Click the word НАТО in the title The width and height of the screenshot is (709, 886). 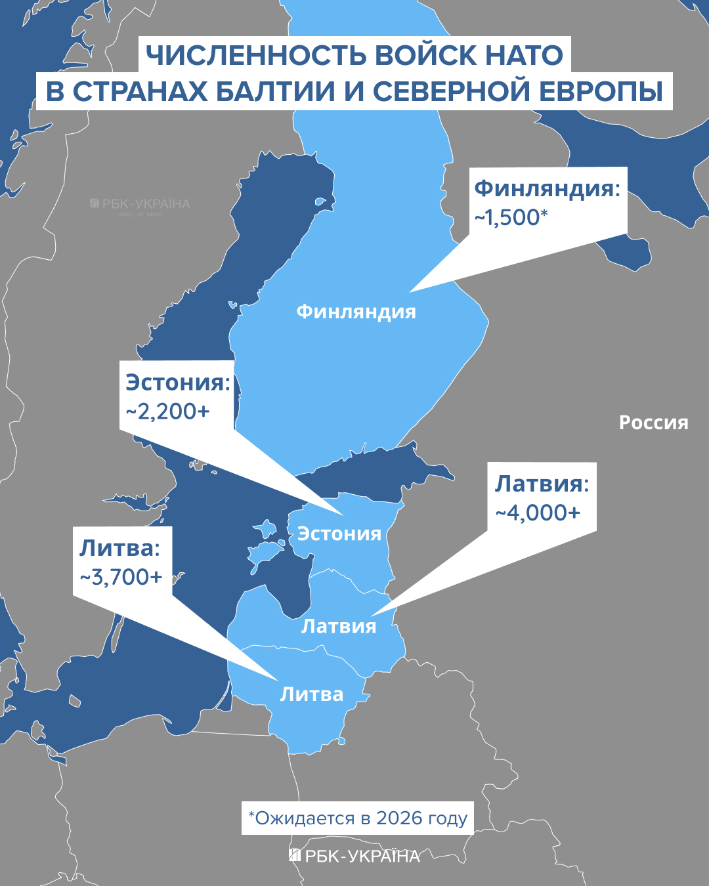click(x=524, y=55)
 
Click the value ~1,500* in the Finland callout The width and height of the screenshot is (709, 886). click(x=511, y=217)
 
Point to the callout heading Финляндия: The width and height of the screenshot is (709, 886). click(x=547, y=188)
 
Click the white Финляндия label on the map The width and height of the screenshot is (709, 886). click(x=356, y=311)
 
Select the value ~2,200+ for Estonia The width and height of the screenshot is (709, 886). click(x=167, y=411)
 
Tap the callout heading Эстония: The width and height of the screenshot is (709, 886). click(x=178, y=383)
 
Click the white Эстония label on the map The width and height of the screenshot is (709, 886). click(x=339, y=534)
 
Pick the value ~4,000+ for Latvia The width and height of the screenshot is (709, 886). click(x=538, y=513)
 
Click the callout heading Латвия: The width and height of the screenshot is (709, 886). click(x=542, y=484)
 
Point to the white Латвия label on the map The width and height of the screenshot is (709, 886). click(x=339, y=626)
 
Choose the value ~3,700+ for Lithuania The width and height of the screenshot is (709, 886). click(x=121, y=577)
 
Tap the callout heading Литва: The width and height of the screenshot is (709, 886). click(x=119, y=548)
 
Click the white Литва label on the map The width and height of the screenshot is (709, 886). click(x=312, y=694)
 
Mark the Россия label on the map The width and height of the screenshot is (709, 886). click(x=653, y=423)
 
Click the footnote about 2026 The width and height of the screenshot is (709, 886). click(x=357, y=818)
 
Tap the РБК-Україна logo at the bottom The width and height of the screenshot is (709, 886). click(x=354, y=856)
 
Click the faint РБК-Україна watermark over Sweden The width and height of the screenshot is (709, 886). click(x=140, y=205)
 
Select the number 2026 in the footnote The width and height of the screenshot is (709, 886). click(x=399, y=818)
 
